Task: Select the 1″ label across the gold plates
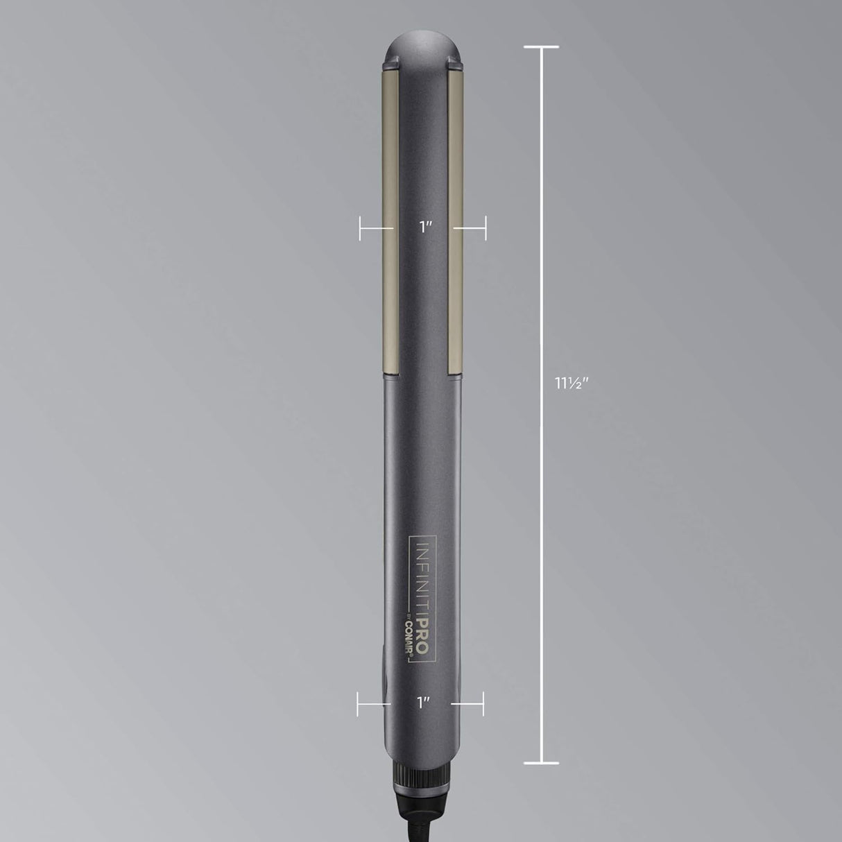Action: pyautogui.click(x=426, y=227)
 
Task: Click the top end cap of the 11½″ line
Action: pyautogui.click(x=541, y=47)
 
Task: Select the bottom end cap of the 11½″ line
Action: pyautogui.click(x=541, y=764)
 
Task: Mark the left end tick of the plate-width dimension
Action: pyautogui.click(x=360, y=227)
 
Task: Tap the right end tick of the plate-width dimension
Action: pyautogui.click(x=486, y=227)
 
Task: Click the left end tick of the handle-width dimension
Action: pyautogui.click(x=358, y=703)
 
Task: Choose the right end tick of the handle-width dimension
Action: pyautogui.click(x=483, y=703)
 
